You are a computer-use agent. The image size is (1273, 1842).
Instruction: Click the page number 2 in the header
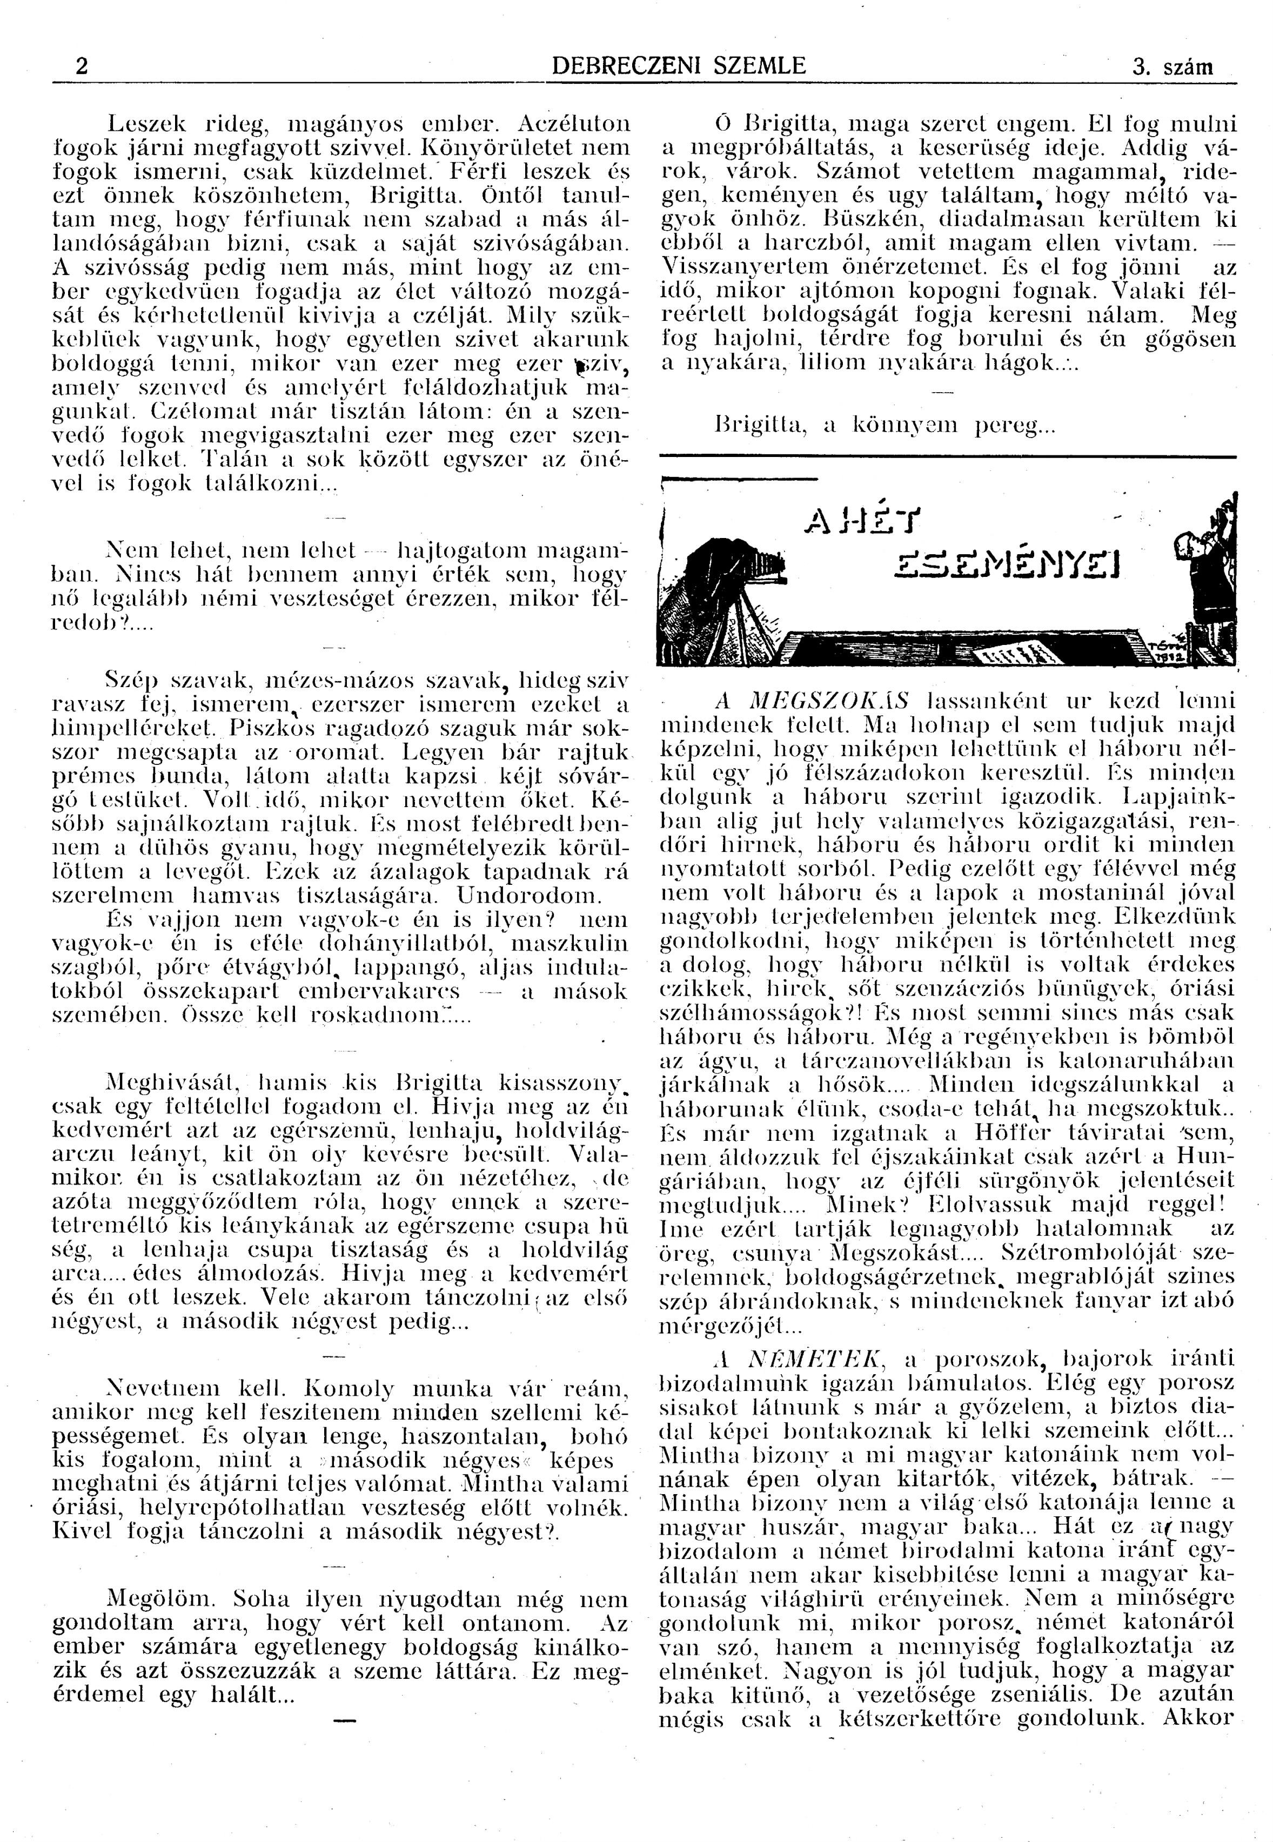(x=81, y=66)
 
